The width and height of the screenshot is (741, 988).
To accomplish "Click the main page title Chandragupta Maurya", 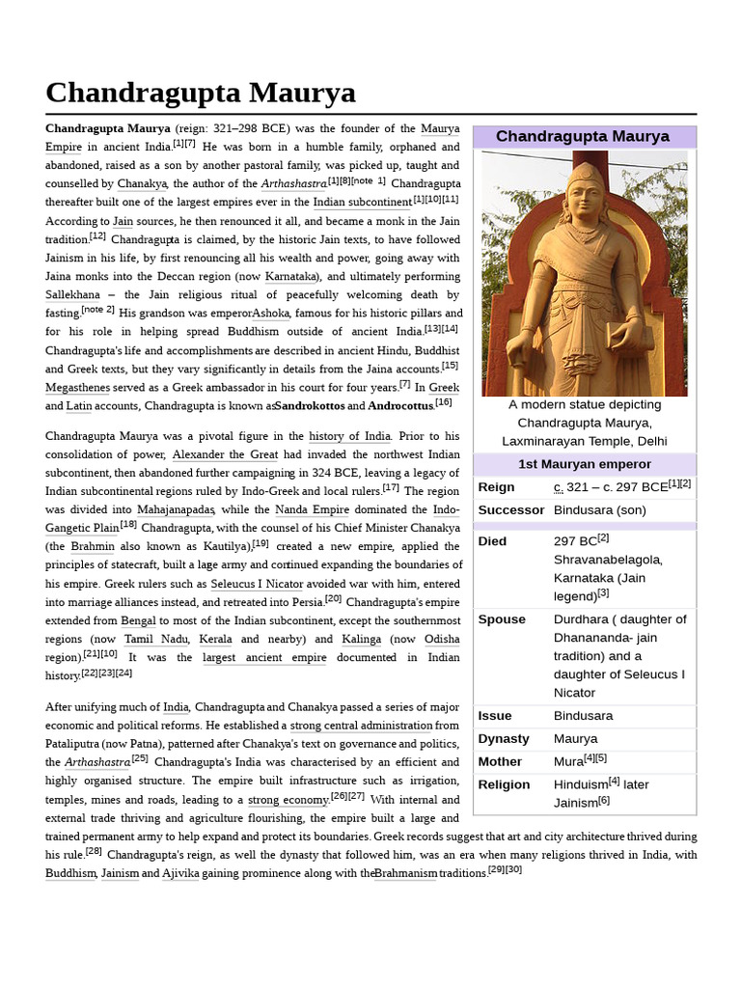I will pyautogui.click(x=201, y=94).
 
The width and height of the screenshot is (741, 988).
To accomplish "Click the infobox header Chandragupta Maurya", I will pyautogui.click(x=583, y=136).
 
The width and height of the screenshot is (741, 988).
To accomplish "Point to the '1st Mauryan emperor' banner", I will pyautogui.click(x=584, y=464).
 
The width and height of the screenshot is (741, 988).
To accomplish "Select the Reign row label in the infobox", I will pyautogui.click(x=496, y=487).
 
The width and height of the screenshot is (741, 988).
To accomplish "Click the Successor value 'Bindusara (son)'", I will pyautogui.click(x=599, y=509).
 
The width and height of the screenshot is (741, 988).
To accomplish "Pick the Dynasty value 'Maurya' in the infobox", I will pyautogui.click(x=574, y=738).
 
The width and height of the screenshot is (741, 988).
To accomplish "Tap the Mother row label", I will pyautogui.click(x=500, y=761).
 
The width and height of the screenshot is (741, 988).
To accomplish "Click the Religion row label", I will pyautogui.click(x=504, y=784).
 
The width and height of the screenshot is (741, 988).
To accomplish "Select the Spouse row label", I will pyautogui.click(x=502, y=618).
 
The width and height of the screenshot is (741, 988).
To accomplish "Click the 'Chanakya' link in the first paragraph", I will pyautogui.click(x=143, y=183).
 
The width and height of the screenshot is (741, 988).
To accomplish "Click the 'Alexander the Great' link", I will pyautogui.click(x=226, y=454).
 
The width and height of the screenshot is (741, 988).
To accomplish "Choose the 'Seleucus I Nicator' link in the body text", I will pyautogui.click(x=257, y=584).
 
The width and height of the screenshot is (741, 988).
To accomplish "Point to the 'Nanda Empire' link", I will pyautogui.click(x=314, y=509).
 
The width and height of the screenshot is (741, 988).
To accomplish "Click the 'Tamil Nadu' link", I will pyautogui.click(x=152, y=639).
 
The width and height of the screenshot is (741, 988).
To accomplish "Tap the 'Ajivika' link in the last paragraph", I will pyautogui.click(x=180, y=873).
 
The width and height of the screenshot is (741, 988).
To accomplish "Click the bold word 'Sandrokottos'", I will pyautogui.click(x=309, y=406).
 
